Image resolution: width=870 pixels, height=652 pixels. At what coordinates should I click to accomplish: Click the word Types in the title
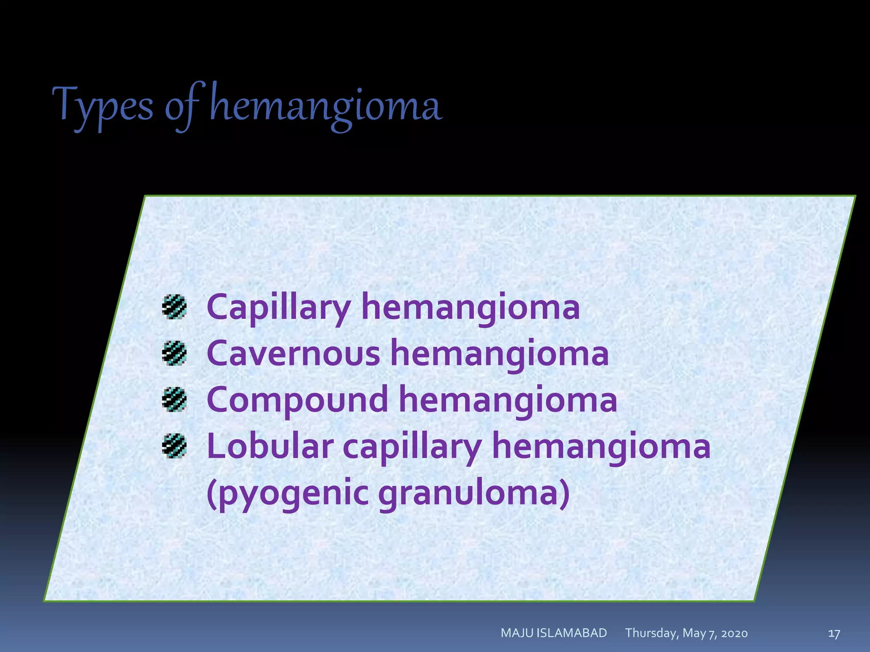(102, 106)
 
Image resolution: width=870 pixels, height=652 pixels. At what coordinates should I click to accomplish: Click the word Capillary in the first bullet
(278, 307)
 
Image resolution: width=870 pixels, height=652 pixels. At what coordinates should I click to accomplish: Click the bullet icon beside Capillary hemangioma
(174, 307)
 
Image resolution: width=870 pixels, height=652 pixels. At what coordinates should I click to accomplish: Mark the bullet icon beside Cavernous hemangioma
(174, 353)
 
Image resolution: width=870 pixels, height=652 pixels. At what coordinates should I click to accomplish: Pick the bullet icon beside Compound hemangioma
(174, 400)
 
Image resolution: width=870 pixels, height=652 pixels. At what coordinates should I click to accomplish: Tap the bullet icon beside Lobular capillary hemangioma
(174, 446)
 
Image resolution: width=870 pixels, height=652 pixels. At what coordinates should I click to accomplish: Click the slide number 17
(834, 634)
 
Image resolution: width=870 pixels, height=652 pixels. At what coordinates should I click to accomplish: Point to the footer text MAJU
(517, 633)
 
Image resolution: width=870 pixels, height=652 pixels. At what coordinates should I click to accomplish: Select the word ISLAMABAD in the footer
(572, 633)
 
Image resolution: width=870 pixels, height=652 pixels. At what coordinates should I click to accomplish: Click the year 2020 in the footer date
(734, 634)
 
